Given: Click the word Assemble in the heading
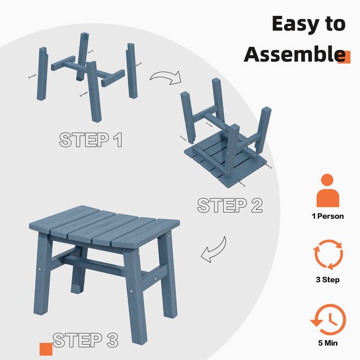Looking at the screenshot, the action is click(x=295, y=54).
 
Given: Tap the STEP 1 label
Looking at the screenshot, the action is click(x=90, y=139).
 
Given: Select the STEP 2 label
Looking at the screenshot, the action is click(x=229, y=205).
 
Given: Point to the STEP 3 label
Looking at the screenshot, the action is click(x=85, y=340).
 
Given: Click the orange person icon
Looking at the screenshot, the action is click(x=328, y=190).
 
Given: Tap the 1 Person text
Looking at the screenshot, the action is click(x=328, y=216).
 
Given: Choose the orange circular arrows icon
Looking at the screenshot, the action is click(x=328, y=254).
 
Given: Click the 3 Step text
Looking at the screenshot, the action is click(x=328, y=279).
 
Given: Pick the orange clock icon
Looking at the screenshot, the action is click(x=328, y=319).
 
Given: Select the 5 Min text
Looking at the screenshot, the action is click(x=328, y=343).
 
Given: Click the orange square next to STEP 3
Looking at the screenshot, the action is click(x=46, y=349).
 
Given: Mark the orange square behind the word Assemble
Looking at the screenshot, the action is click(x=344, y=57).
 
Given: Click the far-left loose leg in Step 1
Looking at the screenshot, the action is click(x=42, y=74).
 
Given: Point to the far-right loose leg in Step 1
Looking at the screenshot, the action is click(x=132, y=71).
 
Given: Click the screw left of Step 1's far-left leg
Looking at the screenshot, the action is click(x=32, y=76).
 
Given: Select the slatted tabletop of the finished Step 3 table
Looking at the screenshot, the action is click(x=104, y=226).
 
